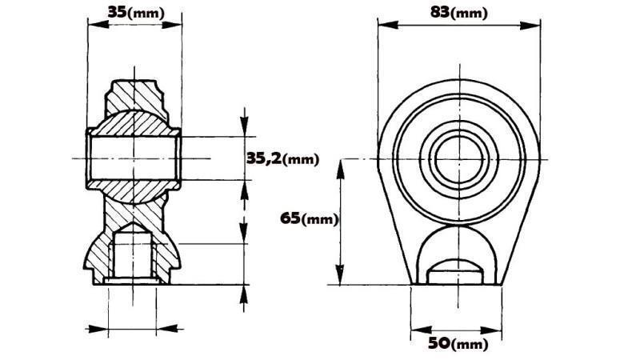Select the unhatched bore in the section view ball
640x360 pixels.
[x=133, y=158]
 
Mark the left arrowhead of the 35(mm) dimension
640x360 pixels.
[x=91, y=23]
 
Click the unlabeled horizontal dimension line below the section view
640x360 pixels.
[x=133, y=328]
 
